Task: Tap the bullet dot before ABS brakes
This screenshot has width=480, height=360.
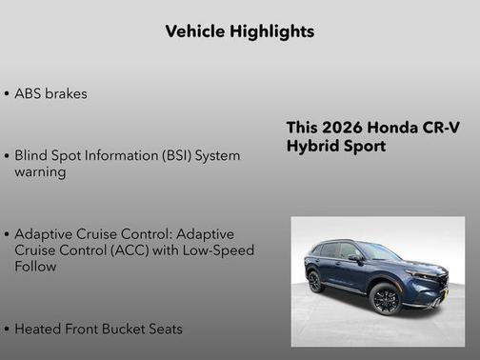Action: [x=8, y=94]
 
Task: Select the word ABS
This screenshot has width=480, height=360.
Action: [x=30, y=94]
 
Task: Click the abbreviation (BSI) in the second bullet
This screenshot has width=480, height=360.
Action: [x=171, y=155]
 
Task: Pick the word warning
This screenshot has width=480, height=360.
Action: [x=40, y=172]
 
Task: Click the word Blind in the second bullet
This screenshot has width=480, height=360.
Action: [x=32, y=155]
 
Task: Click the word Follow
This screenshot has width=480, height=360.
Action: [x=35, y=267]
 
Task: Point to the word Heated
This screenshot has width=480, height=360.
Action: [x=39, y=329]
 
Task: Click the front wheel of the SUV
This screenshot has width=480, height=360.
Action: [x=386, y=298]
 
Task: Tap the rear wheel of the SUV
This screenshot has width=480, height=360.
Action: [x=315, y=282]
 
